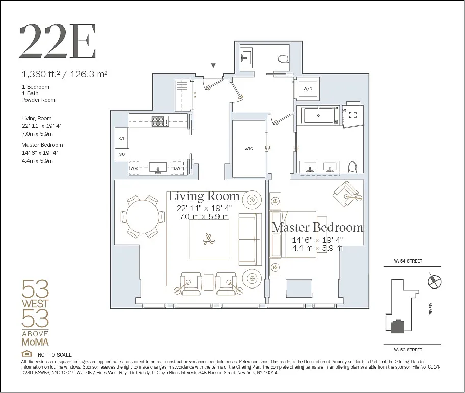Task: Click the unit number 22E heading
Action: pos(58,42)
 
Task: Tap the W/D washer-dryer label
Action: pos(308,89)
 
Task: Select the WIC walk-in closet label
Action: pos(249,149)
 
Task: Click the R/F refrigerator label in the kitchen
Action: pos(122,138)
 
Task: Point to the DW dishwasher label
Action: pos(177,168)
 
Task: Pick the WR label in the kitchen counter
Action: pos(134,168)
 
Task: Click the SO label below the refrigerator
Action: pos(122,154)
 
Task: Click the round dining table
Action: pos(143,217)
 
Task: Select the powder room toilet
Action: pos(284,58)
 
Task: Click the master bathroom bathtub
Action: pos(318,116)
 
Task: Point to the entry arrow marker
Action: pos(213,66)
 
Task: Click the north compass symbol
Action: pos(435,281)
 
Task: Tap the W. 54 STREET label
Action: pos(408,261)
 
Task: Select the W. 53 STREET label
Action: pos(408,350)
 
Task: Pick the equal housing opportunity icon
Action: pos(26,354)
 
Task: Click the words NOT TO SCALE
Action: pos(54,355)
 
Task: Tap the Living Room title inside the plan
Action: pos(204,196)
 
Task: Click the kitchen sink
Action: pos(158,168)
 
